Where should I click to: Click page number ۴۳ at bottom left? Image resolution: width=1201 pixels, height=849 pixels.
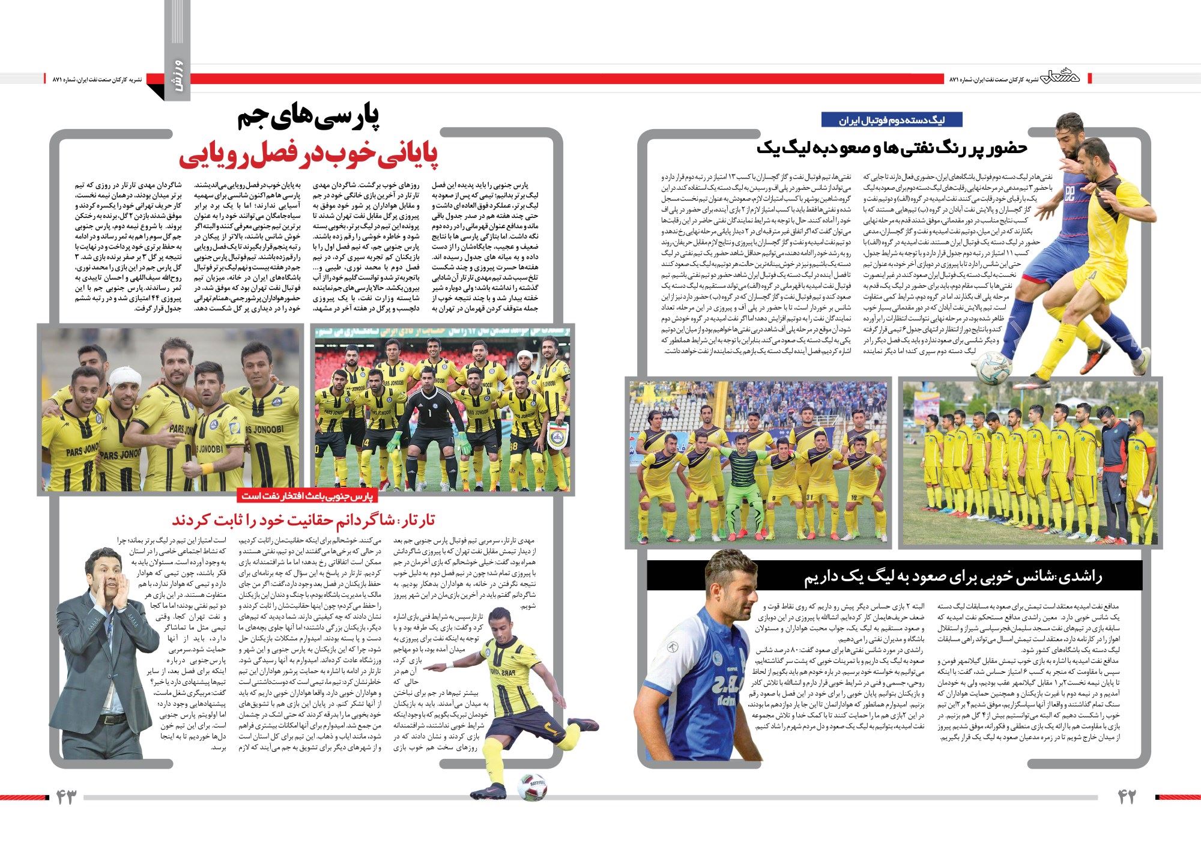tap(67, 797)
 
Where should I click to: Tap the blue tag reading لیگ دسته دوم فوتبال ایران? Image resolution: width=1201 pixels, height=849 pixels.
tap(892, 119)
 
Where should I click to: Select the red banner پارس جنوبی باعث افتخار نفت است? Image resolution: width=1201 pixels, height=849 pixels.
tap(307, 496)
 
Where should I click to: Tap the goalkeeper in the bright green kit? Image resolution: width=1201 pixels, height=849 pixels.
tap(743, 480)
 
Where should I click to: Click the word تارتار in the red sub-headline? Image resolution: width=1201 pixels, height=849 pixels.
tap(415, 520)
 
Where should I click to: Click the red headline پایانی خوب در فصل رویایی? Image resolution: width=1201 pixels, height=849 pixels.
tap(309, 155)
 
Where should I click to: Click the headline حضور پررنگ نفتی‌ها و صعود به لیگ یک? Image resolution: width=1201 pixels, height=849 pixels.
tap(892, 148)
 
